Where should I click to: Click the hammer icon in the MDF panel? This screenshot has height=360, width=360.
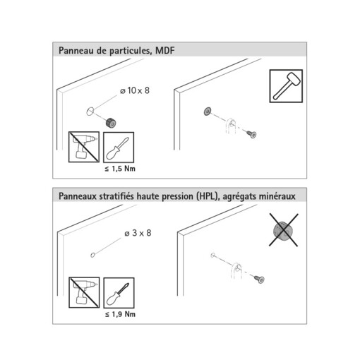[x=286, y=86]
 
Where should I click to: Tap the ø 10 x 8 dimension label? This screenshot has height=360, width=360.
[x=135, y=90]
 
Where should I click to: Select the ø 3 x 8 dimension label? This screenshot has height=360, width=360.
[x=138, y=233]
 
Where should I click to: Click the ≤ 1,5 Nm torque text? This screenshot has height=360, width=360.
[x=120, y=169]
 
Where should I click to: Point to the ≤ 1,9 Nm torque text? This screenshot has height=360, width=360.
[x=120, y=314]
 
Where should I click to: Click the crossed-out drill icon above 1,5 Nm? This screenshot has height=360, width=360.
[x=84, y=147]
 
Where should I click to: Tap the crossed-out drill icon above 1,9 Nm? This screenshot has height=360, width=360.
[x=84, y=292]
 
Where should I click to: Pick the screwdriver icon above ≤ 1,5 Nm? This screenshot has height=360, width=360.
[x=119, y=148]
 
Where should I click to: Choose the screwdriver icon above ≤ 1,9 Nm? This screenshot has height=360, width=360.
[x=119, y=293]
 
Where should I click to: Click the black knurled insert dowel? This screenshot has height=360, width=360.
[x=111, y=123]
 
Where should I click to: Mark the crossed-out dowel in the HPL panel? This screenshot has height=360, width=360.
[x=284, y=230]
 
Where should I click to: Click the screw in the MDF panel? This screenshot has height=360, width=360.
[x=251, y=134]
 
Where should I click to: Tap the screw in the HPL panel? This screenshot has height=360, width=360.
[x=259, y=280]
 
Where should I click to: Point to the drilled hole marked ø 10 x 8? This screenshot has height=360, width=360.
[x=90, y=111]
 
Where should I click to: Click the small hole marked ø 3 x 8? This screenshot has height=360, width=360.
[x=92, y=255]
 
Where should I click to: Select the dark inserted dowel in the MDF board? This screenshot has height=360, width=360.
[x=208, y=112]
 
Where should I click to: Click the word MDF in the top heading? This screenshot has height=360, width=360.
[x=165, y=51]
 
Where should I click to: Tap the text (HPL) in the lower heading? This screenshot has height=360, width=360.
[x=206, y=196]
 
